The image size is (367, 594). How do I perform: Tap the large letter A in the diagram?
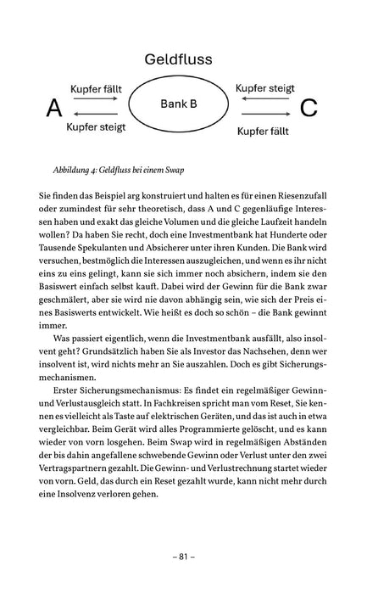click(x=54, y=108)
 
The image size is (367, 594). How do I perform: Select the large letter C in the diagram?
click(x=309, y=108)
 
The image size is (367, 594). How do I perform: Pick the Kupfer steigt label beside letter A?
click(x=95, y=127)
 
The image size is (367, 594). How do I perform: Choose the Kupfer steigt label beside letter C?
click(x=264, y=87)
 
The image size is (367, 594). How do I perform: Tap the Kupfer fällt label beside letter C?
click(x=266, y=132)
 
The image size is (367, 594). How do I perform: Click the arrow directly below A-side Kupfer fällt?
click(x=96, y=100)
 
